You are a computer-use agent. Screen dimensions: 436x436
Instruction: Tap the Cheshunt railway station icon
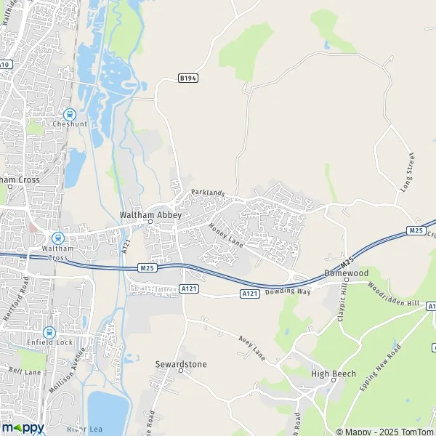pyautogui.click(x=70, y=114)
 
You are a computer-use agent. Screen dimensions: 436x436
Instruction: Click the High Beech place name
pyautogui.click(x=331, y=374)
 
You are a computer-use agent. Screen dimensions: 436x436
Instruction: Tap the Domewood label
pyautogui.click(x=346, y=272)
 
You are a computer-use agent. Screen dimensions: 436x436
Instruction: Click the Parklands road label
pyautogui.click(x=209, y=193)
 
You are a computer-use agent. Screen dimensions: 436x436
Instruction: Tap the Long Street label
pyautogui.click(x=406, y=172)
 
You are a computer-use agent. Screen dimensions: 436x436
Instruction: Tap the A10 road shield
pyautogui.click(x=5, y=65)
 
